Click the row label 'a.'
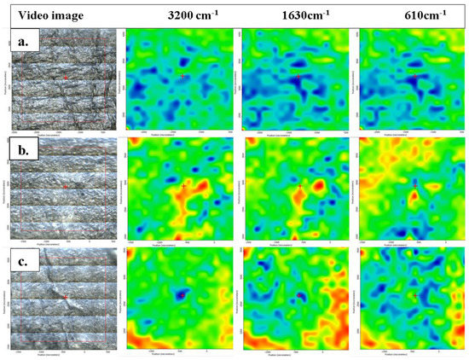(x=21, y=38)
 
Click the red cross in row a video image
(x=65, y=78)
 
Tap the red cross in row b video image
(x=65, y=187)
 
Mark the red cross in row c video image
(x=65, y=296)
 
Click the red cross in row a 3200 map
(x=182, y=76)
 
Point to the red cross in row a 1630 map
(x=299, y=76)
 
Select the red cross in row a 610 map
(x=415, y=76)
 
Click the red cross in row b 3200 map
(x=183, y=185)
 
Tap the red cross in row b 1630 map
(x=300, y=185)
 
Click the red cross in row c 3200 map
(x=182, y=295)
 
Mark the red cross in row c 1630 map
(x=299, y=295)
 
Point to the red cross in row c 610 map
(x=415, y=295)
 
